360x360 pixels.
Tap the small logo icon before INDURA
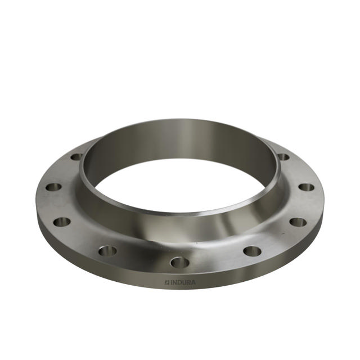coord(167,282)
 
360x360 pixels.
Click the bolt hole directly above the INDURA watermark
coord(179,262)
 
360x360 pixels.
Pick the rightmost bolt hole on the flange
coord(305,187)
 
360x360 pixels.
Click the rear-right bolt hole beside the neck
coord(283,157)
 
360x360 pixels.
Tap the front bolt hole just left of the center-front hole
coord(107,250)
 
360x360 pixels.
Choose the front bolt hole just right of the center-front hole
coord(253,250)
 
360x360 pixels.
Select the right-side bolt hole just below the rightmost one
coord(298,222)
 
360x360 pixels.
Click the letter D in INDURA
coord(181,282)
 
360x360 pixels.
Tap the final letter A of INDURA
coord(194,282)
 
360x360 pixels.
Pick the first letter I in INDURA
coord(172,282)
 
